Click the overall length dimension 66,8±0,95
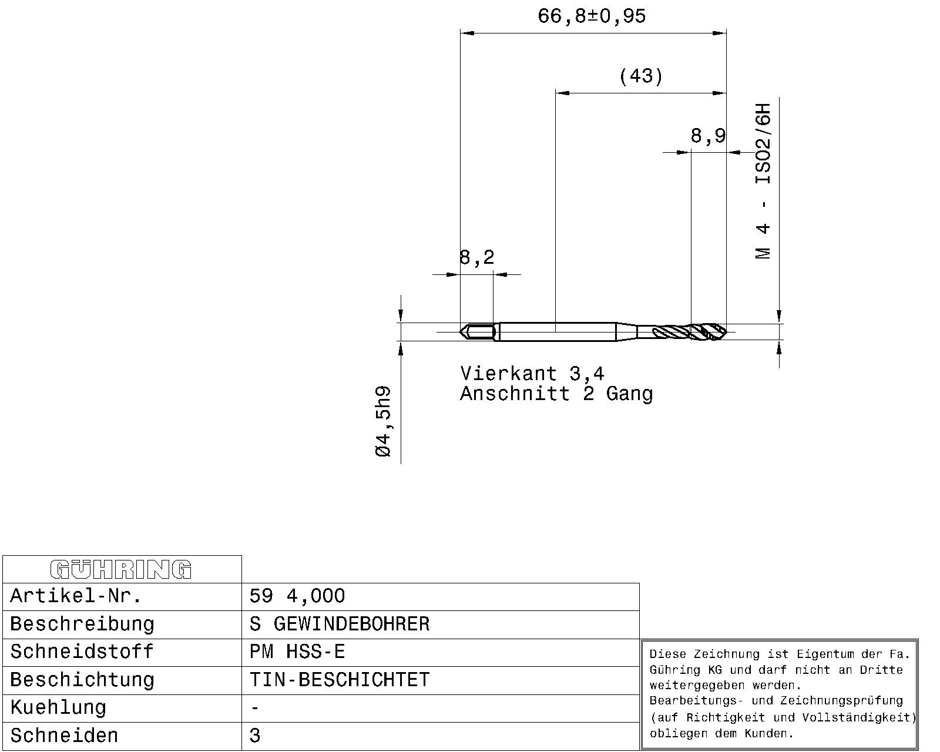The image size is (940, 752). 592,16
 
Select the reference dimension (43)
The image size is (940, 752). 641,76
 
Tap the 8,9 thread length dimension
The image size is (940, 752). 708,136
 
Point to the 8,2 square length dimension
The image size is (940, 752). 476,258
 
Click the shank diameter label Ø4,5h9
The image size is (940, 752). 383,421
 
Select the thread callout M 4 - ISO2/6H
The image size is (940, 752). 763,182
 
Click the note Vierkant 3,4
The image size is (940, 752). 532,374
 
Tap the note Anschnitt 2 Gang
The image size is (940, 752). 556,394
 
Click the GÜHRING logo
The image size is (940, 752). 121,570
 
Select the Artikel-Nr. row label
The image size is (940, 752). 76,596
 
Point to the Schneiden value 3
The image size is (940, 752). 255,736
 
